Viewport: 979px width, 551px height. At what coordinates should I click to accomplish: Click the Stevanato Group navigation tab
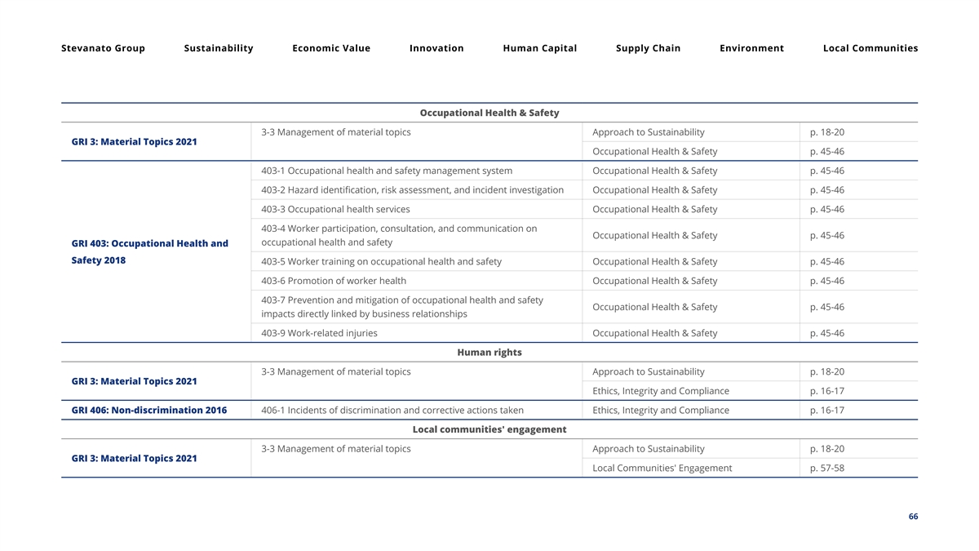(103, 48)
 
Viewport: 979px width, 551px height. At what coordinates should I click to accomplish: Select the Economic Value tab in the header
(331, 48)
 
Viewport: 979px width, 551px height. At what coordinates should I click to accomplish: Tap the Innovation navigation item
(436, 48)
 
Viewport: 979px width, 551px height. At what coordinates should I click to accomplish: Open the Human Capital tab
(539, 48)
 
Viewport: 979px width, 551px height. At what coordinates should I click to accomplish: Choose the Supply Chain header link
(648, 48)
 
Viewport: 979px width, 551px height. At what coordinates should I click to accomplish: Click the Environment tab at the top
(751, 48)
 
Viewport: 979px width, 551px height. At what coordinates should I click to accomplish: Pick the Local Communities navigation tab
(870, 48)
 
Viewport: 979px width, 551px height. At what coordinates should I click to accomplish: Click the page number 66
(913, 517)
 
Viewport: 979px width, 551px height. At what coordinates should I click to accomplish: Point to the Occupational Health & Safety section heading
(489, 113)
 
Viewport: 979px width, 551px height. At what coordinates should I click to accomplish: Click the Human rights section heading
(489, 353)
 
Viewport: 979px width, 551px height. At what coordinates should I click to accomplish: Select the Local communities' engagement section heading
(489, 429)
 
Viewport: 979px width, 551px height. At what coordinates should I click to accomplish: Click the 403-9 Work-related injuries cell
(319, 333)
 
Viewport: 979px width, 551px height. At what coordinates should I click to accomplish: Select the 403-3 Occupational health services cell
(335, 209)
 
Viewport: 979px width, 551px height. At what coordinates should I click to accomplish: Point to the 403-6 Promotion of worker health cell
(334, 281)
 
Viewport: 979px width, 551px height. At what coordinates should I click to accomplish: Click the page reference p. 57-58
(827, 468)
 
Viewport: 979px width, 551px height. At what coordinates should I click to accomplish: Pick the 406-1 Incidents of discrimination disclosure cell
(392, 410)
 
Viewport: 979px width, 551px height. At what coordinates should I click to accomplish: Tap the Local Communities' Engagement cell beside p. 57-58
(662, 468)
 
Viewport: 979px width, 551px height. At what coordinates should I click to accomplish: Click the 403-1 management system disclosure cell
(387, 171)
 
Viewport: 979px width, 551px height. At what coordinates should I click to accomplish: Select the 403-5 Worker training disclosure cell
(381, 261)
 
